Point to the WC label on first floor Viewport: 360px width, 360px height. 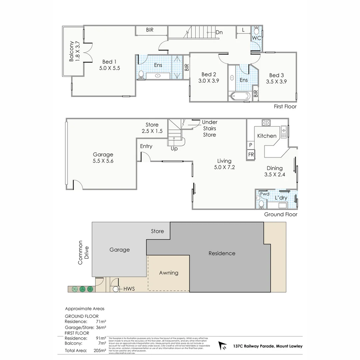[256, 38]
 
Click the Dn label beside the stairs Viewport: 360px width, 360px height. [219, 32]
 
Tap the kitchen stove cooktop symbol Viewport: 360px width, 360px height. [266, 123]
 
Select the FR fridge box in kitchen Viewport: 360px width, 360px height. [251, 155]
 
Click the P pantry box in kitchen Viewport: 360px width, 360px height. [250, 145]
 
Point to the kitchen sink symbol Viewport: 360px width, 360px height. [284, 132]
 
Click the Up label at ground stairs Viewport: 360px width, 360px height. [174, 149]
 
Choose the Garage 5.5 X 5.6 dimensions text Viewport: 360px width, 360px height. [103, 161]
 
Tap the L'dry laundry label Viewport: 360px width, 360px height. [281, 198]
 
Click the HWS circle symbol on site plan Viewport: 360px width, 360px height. [116, 289]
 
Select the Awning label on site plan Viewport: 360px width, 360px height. [168, 273]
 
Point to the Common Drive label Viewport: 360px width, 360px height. [83, 252]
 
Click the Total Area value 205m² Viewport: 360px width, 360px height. [100, 350]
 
